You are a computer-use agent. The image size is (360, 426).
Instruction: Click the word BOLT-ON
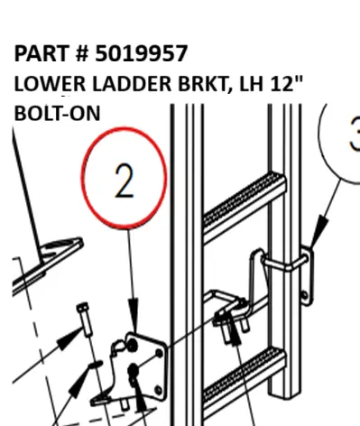pos(57,113)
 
